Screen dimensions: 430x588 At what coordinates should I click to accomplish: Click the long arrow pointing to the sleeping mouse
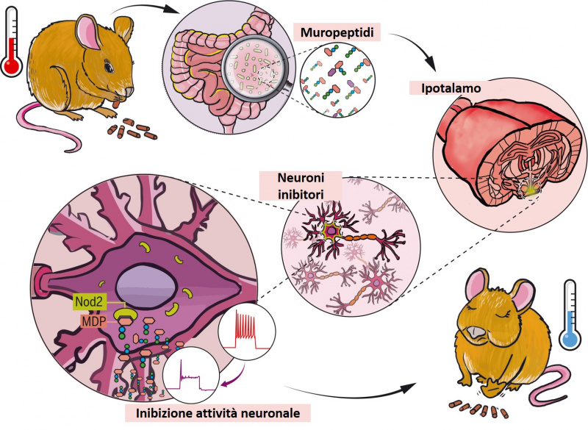pos(345,394)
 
